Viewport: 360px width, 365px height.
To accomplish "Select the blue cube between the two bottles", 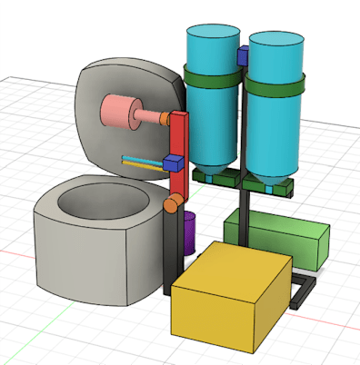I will [243, 56].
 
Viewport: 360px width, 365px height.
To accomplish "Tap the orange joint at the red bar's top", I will [166, 118].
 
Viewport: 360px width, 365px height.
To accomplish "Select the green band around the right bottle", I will [275, 85].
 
